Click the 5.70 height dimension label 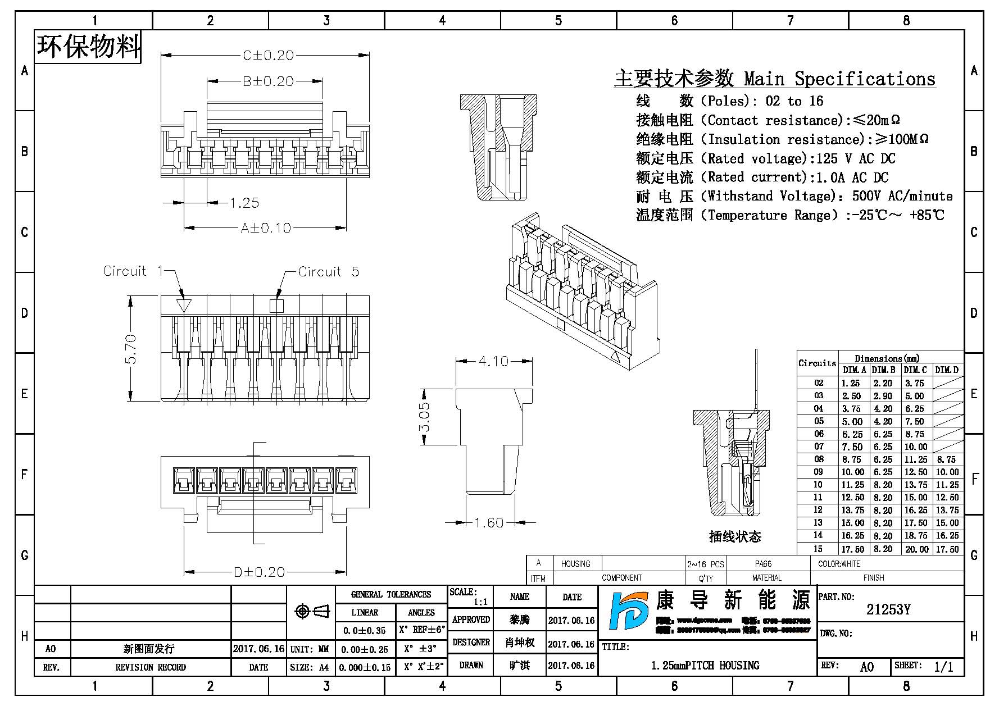pyautogui.click(x=130, y=349)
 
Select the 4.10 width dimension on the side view pyautogui.click(x=493, y=361)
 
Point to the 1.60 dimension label pyautogui.click(x=488, y=523)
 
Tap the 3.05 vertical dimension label pyautogui.click(x=425, y=417)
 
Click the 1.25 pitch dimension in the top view pyautogui.click(x=244, y=203)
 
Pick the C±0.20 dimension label pyautogui.click(x=268, y=56)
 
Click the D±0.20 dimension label pyautogui.click(x=259, y=572)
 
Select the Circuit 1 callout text pyautogui.click(x=132, y=271)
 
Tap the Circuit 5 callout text pyautogui.click(x=328, y=272)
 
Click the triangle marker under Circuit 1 pyautogui.click(x=184, y=306)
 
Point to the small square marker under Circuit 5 pyautogui.click(x=277, y=306)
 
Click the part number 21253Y pyautogui.click(x=888, y=610)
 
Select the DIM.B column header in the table pyautogui.click(x=883, y=370)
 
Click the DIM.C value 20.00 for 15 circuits pyautogui.click(x=916, y=549)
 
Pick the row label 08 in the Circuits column pyautogui.click(x=819, y=459)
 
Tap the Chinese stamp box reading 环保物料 pyautogui.click(x=88, y=47)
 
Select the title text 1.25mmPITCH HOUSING pyautogui.click(x=705, y=666)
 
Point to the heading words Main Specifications pyautogui.click(x=839, y=79)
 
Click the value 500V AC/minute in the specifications pyautogui.click(x=902, y=196)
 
